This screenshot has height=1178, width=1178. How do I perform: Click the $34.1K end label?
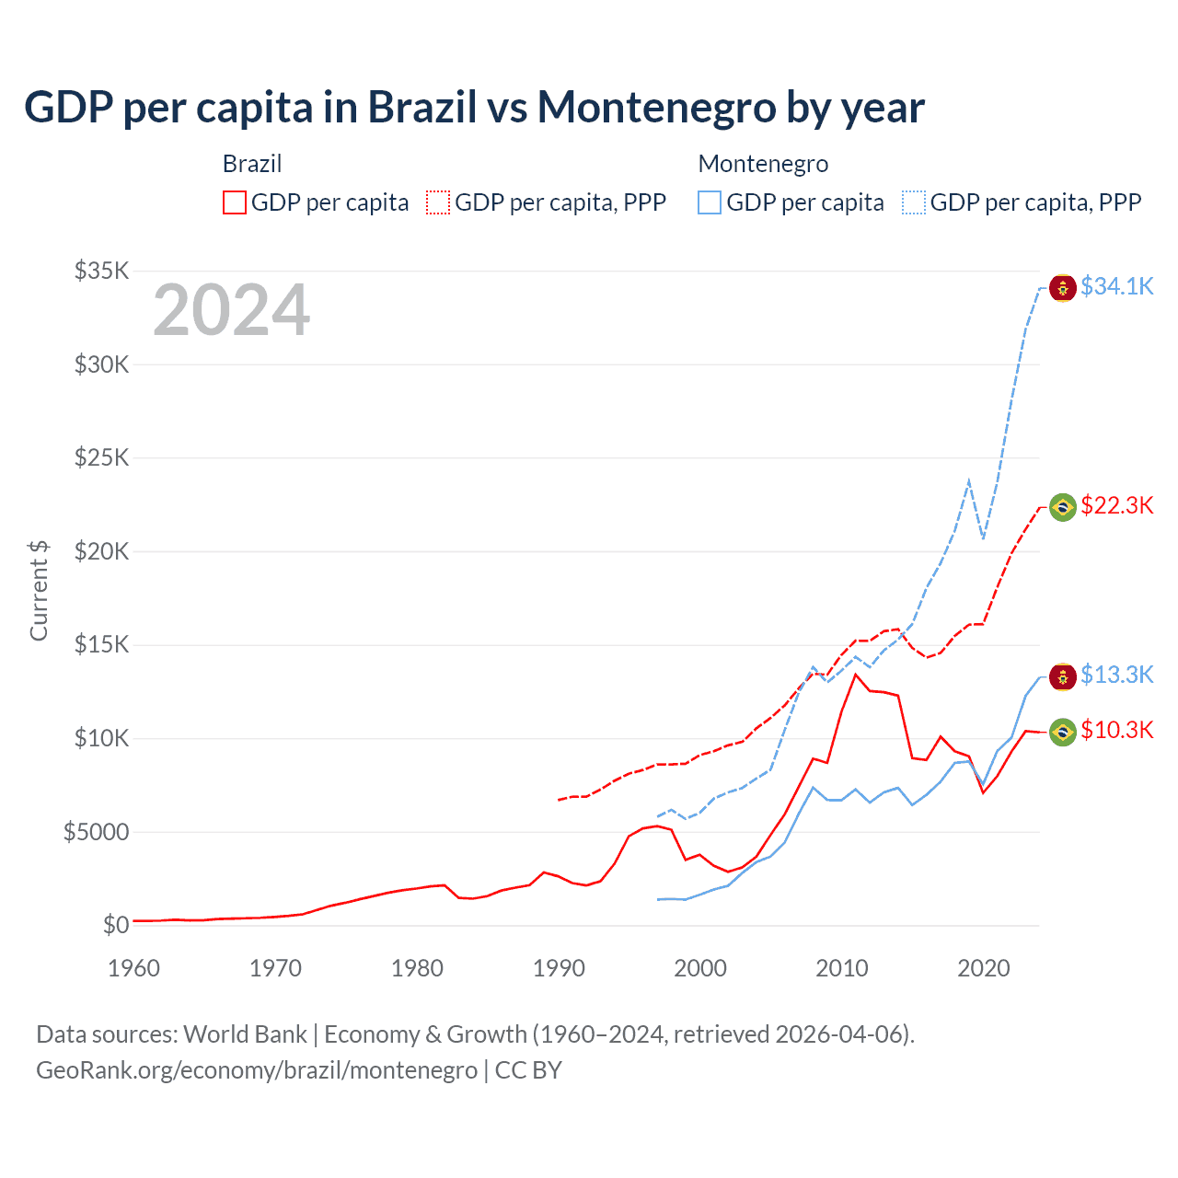pos(1116,287)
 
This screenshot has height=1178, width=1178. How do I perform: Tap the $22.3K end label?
pos(1116,506)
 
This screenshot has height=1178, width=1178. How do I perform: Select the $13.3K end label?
pos(1116,676)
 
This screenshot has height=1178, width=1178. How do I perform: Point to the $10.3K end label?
pos(1116,731)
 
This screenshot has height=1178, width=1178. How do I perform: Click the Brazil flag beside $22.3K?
pos(1063,507)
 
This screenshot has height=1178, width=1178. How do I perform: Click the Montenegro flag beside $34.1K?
pos(1063,288)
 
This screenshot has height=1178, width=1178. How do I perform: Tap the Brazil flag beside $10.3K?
pos(1063,732)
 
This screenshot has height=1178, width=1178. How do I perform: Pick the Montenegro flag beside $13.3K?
pos(1063,676)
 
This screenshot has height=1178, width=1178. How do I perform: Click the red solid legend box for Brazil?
pos(235,202)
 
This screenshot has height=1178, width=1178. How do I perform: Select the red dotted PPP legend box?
pos(439,202)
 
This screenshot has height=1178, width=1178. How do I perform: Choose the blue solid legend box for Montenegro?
pos(710,202)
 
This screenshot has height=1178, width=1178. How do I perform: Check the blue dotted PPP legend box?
pos(914,202)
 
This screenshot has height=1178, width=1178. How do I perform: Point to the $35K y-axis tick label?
pos(102,271)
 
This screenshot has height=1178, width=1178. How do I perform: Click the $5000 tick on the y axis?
pos(96,832)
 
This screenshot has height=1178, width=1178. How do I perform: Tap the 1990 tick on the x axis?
pos(559,968)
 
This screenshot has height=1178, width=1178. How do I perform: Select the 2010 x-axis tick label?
pos(842,968)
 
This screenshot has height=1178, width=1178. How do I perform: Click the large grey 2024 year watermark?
pos(231,311)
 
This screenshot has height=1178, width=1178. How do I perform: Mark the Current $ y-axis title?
pos(39,590)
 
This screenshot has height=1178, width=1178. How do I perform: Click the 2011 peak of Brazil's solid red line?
pos(856,675)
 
